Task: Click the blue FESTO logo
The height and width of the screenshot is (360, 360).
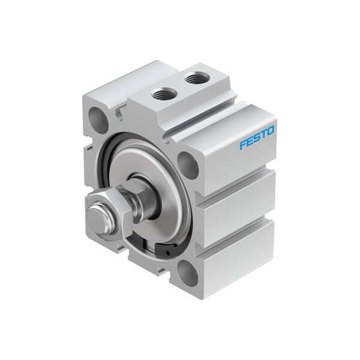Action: (257, 137)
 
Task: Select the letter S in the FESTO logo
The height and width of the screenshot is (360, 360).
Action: (257, 137)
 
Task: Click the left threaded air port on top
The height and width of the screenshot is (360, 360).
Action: (163, 94)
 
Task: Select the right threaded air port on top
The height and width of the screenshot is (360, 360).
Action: (195, 78)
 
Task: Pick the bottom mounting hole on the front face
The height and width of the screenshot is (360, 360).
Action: (187, 274)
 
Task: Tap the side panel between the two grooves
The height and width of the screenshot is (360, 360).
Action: (237, 201)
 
